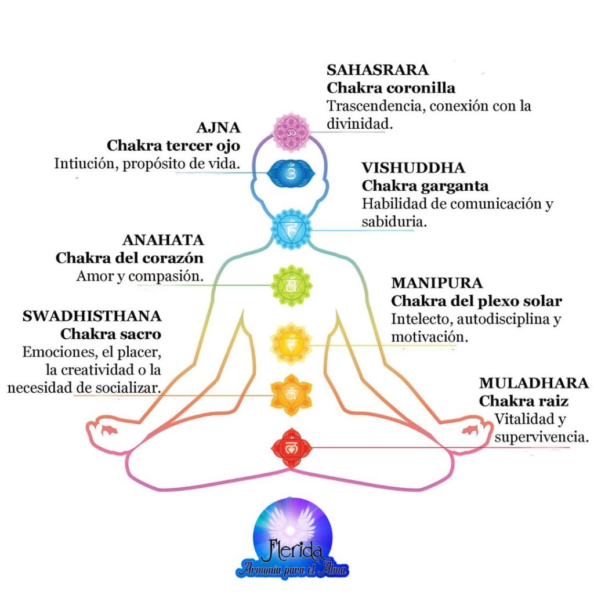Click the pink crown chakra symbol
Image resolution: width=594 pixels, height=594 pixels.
point(291,133)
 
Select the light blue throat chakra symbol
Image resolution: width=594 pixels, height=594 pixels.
point(292,230)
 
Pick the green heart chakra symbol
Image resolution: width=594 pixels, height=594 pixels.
point(291,285)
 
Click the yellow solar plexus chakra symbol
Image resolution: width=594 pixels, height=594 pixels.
point(291,343)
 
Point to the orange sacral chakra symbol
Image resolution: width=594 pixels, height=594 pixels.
point(291,395)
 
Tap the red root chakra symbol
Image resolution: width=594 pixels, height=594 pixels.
point(291,447)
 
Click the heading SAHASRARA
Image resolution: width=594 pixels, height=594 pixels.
point(378,70)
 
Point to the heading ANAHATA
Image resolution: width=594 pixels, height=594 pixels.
point(163,240)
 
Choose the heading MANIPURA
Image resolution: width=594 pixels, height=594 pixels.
point(437,283)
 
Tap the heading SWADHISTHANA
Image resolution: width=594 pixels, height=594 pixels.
point(92,317)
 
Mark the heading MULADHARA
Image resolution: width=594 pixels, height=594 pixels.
point(534,383)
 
